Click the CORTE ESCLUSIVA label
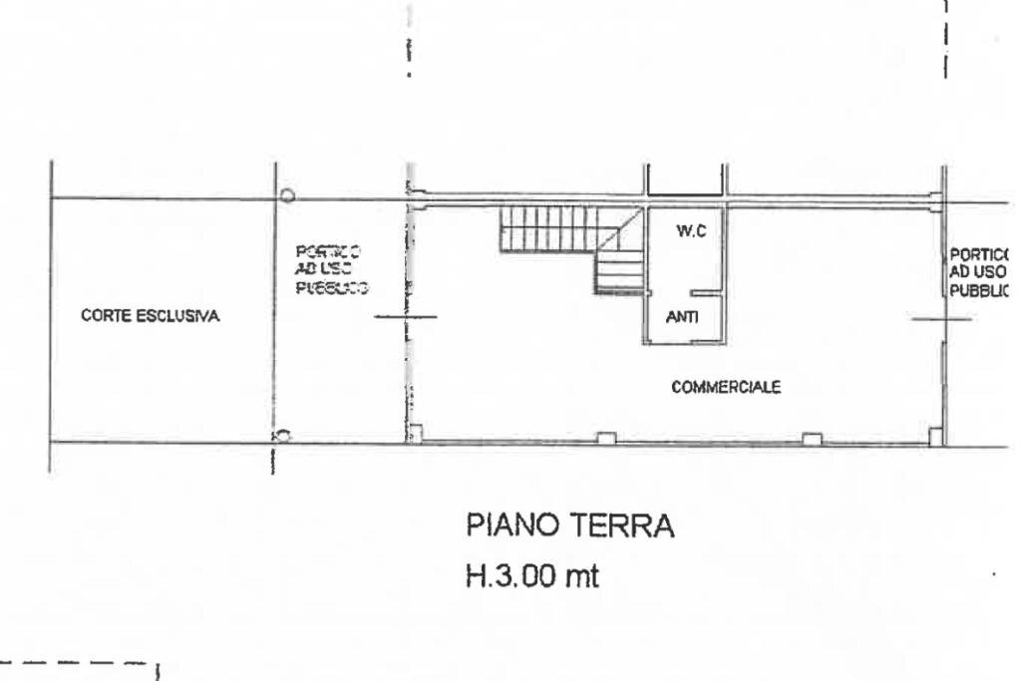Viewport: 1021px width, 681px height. click(x=151, y=317)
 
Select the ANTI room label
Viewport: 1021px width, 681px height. click(x=682, y=318)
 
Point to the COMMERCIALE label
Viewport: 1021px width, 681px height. click(x=725, y=388)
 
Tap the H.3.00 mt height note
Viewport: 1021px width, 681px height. click(x=532, y=577)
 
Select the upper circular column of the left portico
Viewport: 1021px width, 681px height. click(x=286, y=195)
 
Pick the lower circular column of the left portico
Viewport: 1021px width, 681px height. click(x=283, y=435)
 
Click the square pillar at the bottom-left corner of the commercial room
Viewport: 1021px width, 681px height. click(x=416, y=434)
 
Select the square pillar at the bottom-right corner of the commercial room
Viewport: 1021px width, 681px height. click(x=934, y=435)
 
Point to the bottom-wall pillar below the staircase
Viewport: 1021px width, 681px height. click(x=605, y=437)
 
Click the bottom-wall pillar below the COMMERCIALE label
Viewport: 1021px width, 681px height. click(x=812, y=438)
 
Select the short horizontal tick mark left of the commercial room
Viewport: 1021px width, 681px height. click(x=405, y=318)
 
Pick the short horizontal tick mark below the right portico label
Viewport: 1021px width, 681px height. click(x=942, y=319)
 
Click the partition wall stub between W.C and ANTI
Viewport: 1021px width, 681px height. click(x=703, y=293)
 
